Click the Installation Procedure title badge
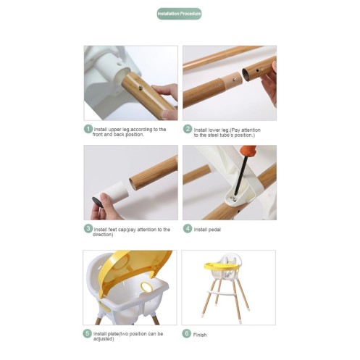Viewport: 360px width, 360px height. (x=179, y=14)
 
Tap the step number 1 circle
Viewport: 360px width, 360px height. (x=88, y=129)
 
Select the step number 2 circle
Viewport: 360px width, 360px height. (x=188, y=129)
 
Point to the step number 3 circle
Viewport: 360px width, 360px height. (x=88, y=228)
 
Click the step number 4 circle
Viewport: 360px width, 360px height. (x=188, y=228)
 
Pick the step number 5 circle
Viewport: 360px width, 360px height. (x=87, y=333)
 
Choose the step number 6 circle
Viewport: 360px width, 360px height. (x=186, y=333)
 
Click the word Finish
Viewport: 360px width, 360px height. (x=200, y=335)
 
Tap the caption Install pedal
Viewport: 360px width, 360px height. (x=207, y=230)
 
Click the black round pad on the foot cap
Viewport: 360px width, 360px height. (x=97, y=202)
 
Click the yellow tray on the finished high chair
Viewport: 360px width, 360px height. (x=222, y=267)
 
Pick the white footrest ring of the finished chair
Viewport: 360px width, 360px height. (x=222, y=293)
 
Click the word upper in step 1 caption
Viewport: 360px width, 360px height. (x=114, y=130)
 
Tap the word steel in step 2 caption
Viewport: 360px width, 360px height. (x=213, y=135)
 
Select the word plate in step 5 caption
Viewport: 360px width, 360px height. (x=113, y=334)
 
